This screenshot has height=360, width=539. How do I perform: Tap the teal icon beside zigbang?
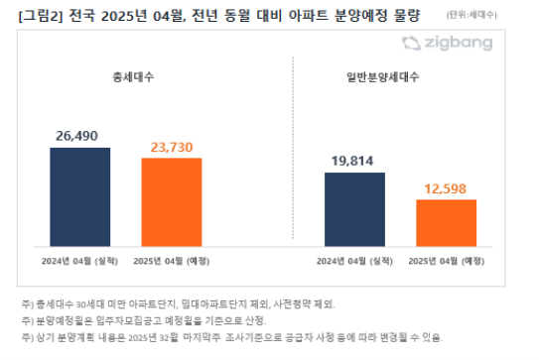coord(411,43)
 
